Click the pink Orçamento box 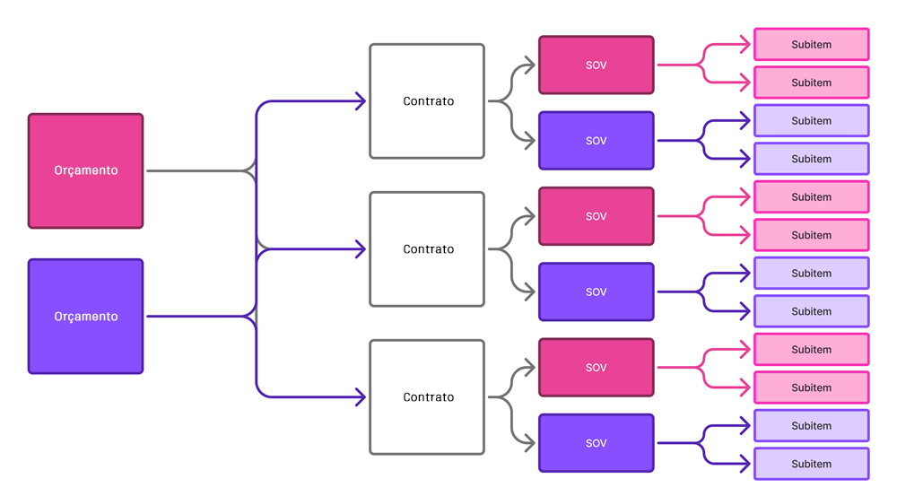(x=85, y=170)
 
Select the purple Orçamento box (x=85, y=316)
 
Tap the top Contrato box (x=427, y=101)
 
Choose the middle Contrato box (x=427, y=249)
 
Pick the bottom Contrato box (x=427, y=396)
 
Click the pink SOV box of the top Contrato (x=596, y=65)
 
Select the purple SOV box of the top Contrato (x=596, y=141)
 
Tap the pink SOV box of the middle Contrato (x=596, y=216)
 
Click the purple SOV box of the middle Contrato (x=596, y=292)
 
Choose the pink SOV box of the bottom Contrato (x=596, y=368)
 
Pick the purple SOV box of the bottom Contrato (x=596, y=443)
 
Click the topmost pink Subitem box (x=811, y=44)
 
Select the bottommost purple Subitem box (x=811, y=464)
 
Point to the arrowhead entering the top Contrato (x=361, y=101)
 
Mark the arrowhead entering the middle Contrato (x=361, y=249)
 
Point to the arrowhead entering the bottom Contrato (x=361, y=396)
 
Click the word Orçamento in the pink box (x=85, y=170)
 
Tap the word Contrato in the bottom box (x=428, y=396)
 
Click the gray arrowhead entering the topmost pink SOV (x=530, y=65)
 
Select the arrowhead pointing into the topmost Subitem (x=745, y=44)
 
